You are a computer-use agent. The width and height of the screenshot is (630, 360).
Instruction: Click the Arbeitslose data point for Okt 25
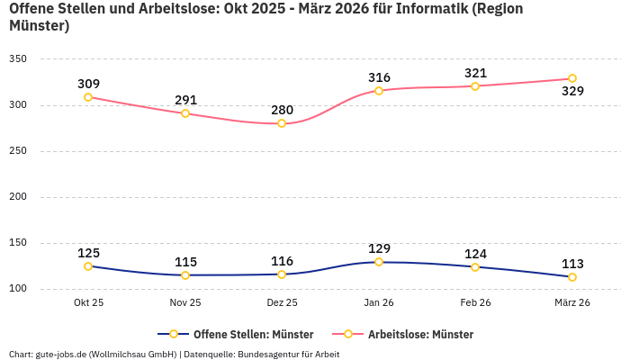88,97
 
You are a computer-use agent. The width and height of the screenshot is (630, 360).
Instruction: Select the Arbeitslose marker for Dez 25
282,123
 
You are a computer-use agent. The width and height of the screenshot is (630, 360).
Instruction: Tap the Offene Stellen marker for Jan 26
379,262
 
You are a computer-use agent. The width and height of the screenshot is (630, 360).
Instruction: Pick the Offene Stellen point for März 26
572,277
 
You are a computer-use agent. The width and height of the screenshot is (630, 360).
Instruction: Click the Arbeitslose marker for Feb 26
475,86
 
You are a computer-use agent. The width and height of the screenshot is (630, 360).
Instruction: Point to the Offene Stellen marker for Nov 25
185,275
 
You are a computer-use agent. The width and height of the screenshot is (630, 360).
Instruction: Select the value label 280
282,110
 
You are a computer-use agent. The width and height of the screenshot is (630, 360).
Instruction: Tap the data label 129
379,248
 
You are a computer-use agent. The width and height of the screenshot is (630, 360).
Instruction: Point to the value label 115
185,262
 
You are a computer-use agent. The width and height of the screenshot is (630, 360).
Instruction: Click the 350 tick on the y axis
17,59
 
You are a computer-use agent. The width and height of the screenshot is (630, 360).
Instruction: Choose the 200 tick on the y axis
17,197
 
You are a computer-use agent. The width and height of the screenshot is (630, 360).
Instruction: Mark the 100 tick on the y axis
17,289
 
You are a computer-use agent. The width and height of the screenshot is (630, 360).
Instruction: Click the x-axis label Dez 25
282,303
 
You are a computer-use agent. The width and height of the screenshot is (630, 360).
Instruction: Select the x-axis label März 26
572,303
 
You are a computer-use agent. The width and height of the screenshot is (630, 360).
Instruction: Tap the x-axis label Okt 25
88,303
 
